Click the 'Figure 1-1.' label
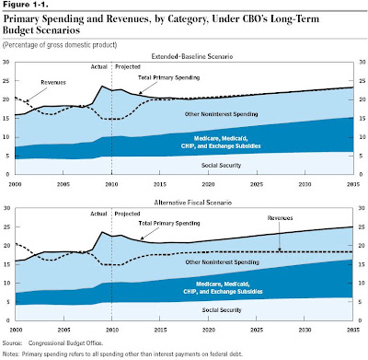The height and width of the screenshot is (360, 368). pyautogui.click(x=25, y=5)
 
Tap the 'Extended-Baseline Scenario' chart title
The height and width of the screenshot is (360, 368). pyautogui.click(x=192, y=56)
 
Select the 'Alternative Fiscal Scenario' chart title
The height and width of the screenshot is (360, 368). pyautogui.click(x=193, y=203)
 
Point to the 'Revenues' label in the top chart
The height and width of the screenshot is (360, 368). pyautogui.click(x=53, y=83)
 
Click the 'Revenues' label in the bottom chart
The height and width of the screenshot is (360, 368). pyautogui.click(x=280, y=218)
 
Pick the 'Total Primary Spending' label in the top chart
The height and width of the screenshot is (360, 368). pyautogui.click(x=168, y=77)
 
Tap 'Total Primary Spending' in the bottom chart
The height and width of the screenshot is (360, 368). pyautogui.click(x=169, y=223)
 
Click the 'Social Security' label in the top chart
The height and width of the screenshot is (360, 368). pyautogui.click(x=221, y=166)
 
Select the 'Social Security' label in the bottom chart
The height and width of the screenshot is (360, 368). pyautogui.click(x=222, y=310)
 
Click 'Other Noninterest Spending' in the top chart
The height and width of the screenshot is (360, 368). pyautogui.click(x=221, y=114)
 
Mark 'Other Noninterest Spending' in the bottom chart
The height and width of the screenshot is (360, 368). pyautogui.click(x=223, y=262)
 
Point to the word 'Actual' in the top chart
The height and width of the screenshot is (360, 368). pyautogui.click(x=98, y=66)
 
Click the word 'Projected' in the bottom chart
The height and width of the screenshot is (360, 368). pyautogui.click(x=127, y=214)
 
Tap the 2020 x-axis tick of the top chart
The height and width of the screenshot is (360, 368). pyautogui.click(x=208, y=184)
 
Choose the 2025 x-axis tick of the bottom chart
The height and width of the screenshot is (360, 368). pyautogui.click(x=257, y=330)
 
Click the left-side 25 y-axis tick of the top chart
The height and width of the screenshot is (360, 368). pyautogui.click(x=6, y=81)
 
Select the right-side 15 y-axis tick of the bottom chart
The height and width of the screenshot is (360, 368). pyautogui.click(x=362, y=264)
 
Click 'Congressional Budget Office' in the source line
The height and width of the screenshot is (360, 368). pyautogui.click(x=65, y=343)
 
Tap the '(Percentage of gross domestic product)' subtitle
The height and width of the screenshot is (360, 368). pyautogui.click(x=60, y=45)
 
